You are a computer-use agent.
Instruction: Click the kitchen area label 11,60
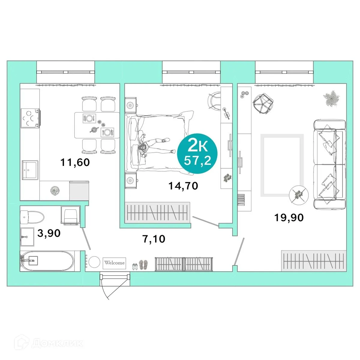75,163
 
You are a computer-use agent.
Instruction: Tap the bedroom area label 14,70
183,186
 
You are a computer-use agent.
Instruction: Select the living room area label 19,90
289,217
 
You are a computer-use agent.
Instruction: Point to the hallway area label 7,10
154,239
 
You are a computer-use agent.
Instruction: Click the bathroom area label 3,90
49,233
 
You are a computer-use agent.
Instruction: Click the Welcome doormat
114,263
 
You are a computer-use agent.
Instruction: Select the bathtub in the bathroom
47,261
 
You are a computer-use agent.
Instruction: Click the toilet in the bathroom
32,217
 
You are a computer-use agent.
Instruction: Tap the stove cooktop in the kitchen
30,118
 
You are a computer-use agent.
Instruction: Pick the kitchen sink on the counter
30,170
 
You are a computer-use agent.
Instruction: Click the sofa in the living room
329,164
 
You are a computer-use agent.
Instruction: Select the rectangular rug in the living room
282,165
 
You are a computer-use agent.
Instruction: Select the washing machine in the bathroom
70,215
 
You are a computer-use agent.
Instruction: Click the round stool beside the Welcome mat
94,262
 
